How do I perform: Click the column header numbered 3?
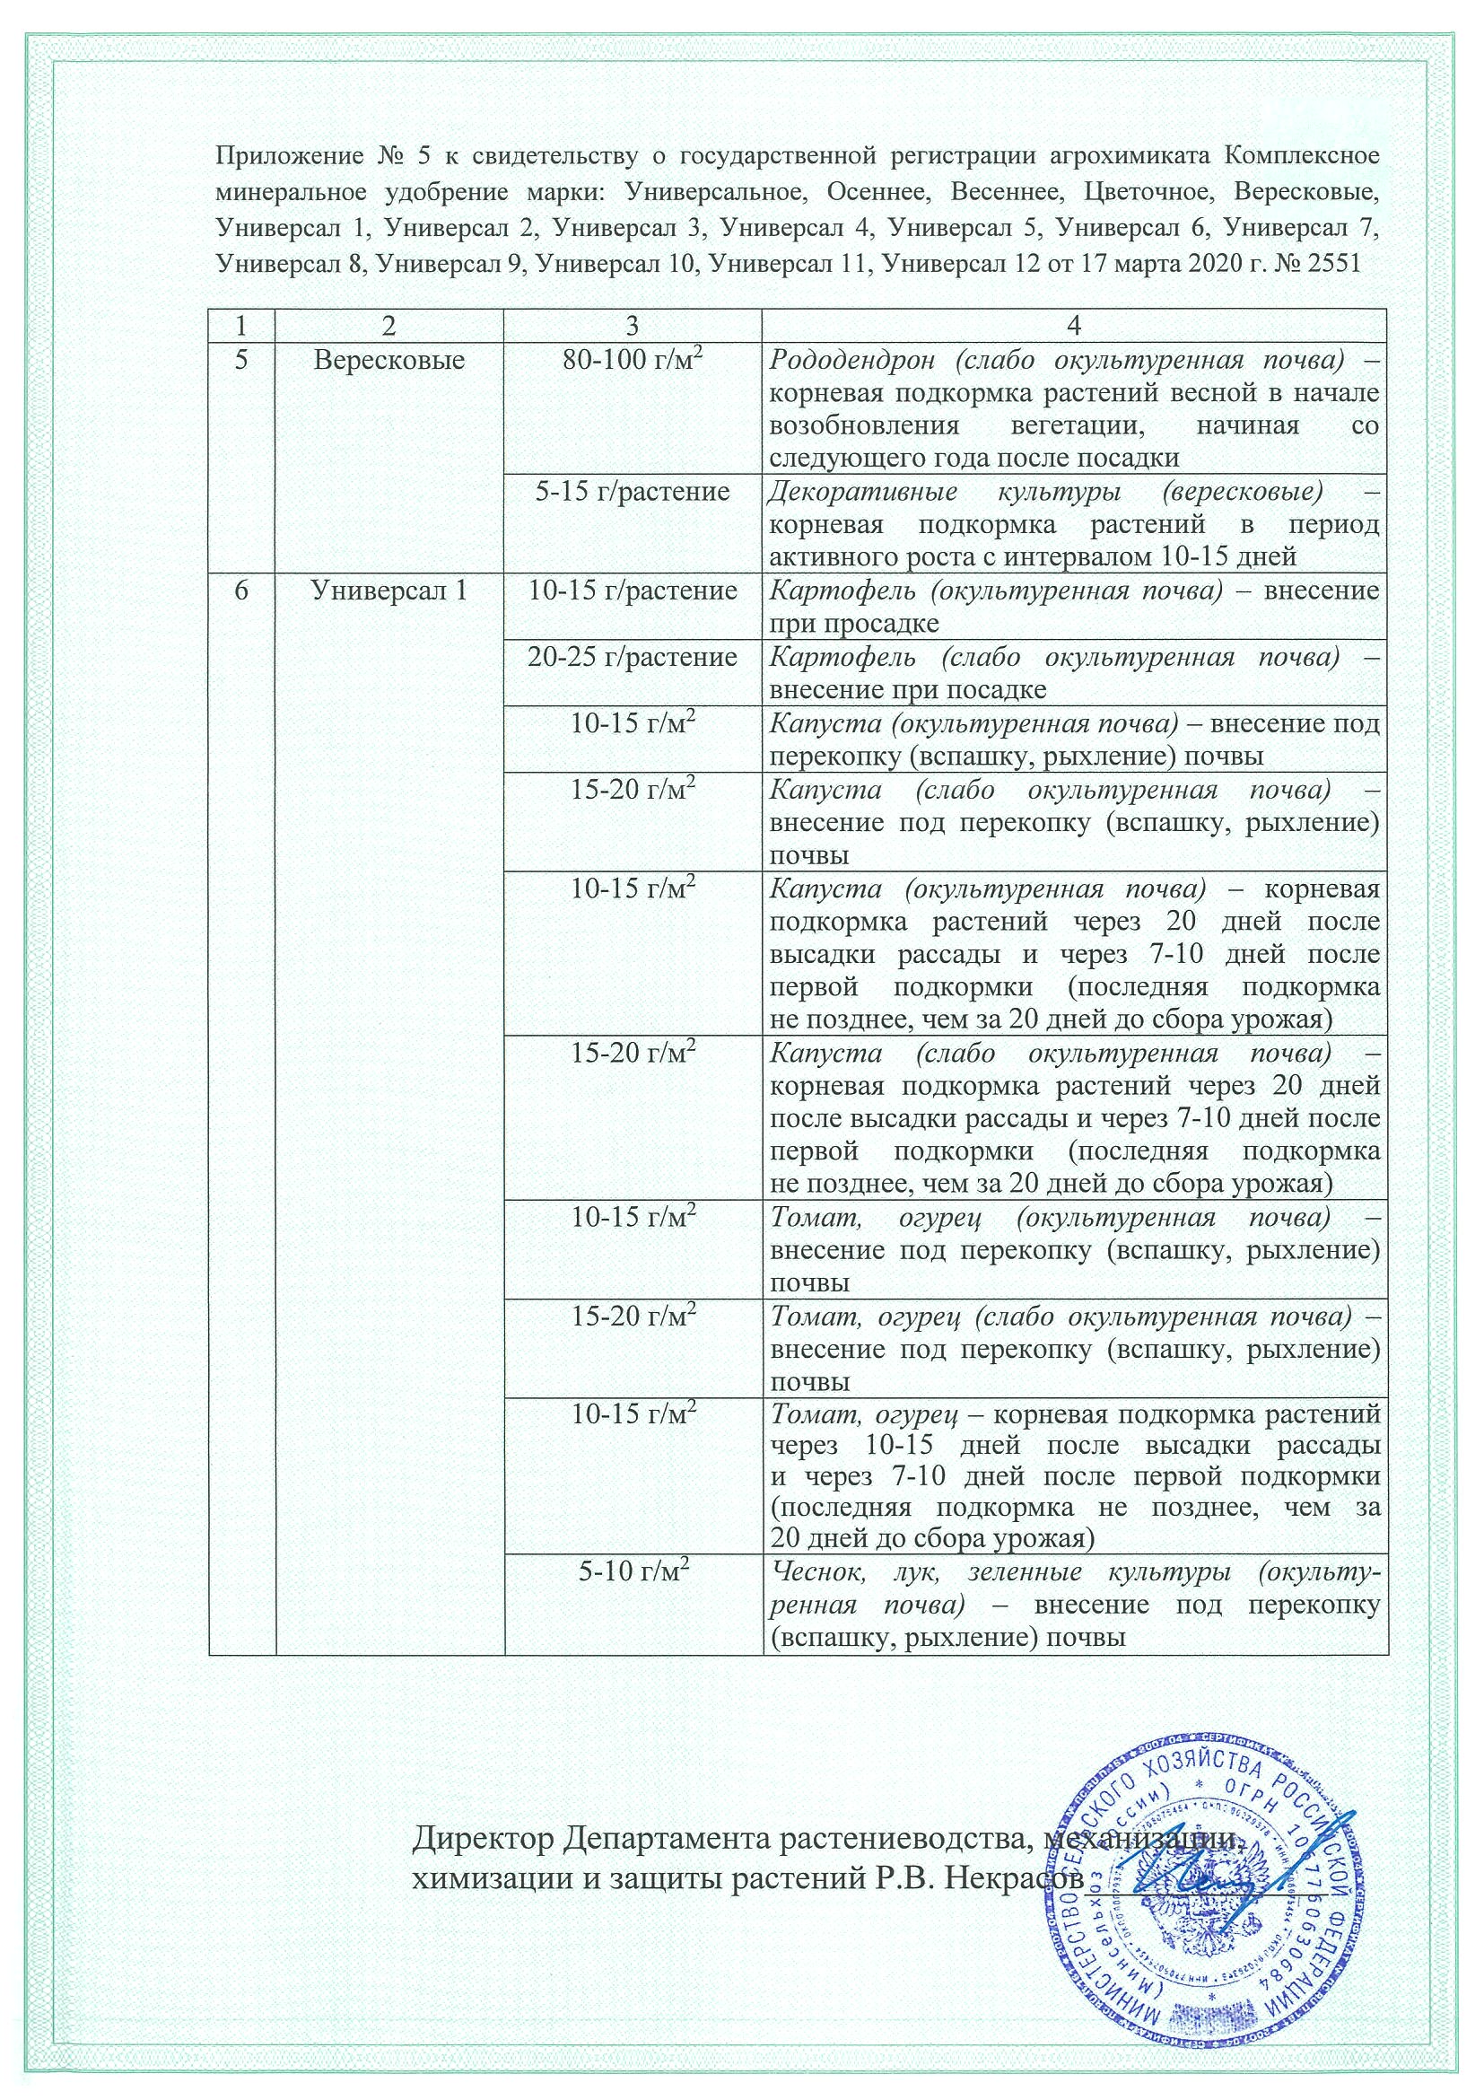(633, 326)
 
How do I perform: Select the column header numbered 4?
(1074, 326)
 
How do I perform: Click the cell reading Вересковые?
(389, 361)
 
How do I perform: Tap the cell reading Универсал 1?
(389, 591)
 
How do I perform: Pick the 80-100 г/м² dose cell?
(633, 361)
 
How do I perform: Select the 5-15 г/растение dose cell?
(633, 492)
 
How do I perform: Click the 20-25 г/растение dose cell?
(633, 657)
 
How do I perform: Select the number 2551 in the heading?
(1332, 264)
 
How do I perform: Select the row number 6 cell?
(241, 591)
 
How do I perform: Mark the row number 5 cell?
(241, 361)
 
